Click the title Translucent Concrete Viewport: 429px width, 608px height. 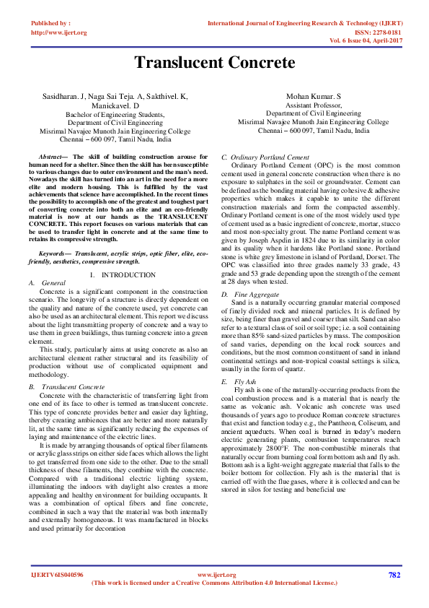pos(215,63)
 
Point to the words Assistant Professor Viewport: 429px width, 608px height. pos(313,105)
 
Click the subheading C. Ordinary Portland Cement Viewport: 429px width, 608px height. pos(265,157)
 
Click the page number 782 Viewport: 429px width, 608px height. pos(394,575)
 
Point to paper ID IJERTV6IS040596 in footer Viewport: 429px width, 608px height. pos(57,575)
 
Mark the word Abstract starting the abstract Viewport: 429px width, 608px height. pos(52,157)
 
